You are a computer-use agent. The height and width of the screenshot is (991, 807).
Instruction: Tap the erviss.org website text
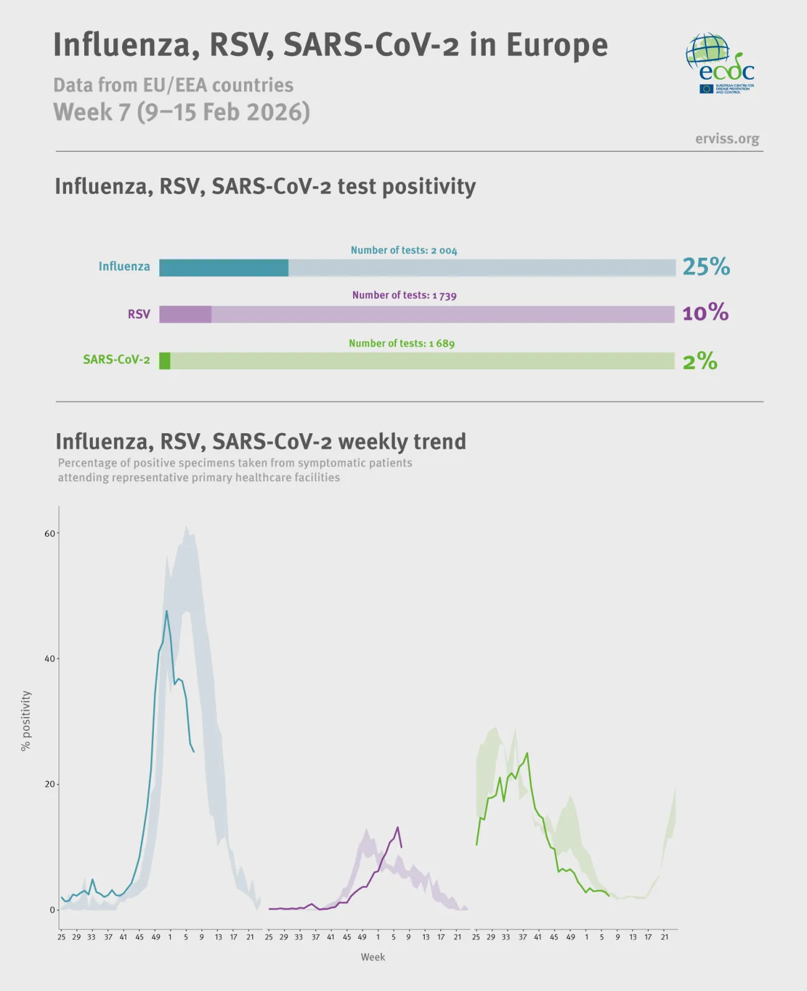click(727, 139)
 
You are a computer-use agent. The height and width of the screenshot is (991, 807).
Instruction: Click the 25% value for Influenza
click(706, 266)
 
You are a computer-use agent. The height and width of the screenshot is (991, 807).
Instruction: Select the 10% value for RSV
click(705, 312)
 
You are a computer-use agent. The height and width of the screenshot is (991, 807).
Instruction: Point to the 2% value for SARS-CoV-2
click(700, 361)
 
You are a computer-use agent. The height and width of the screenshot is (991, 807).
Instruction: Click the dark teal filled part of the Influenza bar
click(224, 268)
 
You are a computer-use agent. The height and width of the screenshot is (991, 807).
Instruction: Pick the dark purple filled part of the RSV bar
click(185, 314)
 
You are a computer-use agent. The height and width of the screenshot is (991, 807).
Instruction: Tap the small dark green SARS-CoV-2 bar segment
click(164, 361)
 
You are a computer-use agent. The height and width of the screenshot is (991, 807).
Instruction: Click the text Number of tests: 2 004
click(404, 250)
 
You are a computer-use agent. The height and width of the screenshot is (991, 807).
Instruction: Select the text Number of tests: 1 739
click(404, 295)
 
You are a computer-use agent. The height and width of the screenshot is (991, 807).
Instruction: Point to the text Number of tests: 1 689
click(402, 343)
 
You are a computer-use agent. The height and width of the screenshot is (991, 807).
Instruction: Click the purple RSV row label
click(139, 314)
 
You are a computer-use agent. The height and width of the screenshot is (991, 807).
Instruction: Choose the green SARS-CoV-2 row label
click(116, 360)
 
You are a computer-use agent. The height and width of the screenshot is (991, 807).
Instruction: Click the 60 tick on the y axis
click(49, 533)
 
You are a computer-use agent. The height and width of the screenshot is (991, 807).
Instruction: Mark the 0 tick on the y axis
click(52, 910)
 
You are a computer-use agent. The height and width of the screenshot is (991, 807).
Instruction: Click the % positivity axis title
click(26, 720)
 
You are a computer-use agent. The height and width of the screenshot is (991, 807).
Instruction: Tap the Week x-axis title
click(372, 957)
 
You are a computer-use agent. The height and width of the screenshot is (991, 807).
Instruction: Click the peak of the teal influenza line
click(166, 611)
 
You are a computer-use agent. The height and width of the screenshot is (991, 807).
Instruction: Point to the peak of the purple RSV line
click(397, 827)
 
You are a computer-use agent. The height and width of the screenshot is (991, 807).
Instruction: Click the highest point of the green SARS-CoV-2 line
click(527, 753)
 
